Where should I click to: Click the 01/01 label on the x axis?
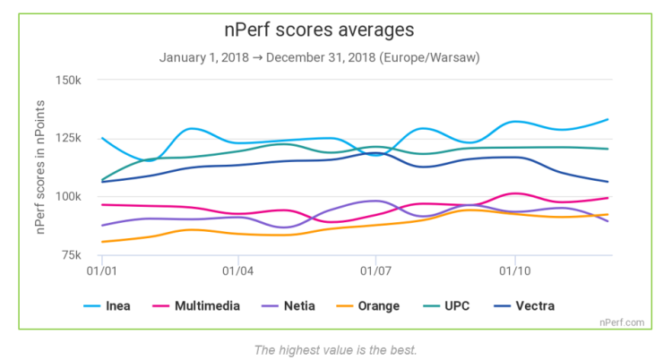click(x=101, y=270)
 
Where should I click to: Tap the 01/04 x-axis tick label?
click(x=237, y=270)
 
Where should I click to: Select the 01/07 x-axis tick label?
click(x=375, y=270)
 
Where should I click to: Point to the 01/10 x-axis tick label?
click(x=513, y=270)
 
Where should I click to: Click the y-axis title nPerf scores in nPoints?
click(x=41, y=167)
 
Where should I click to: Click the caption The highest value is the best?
click(x=336, y=347)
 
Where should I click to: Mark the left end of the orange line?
click(x=102, y=242)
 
